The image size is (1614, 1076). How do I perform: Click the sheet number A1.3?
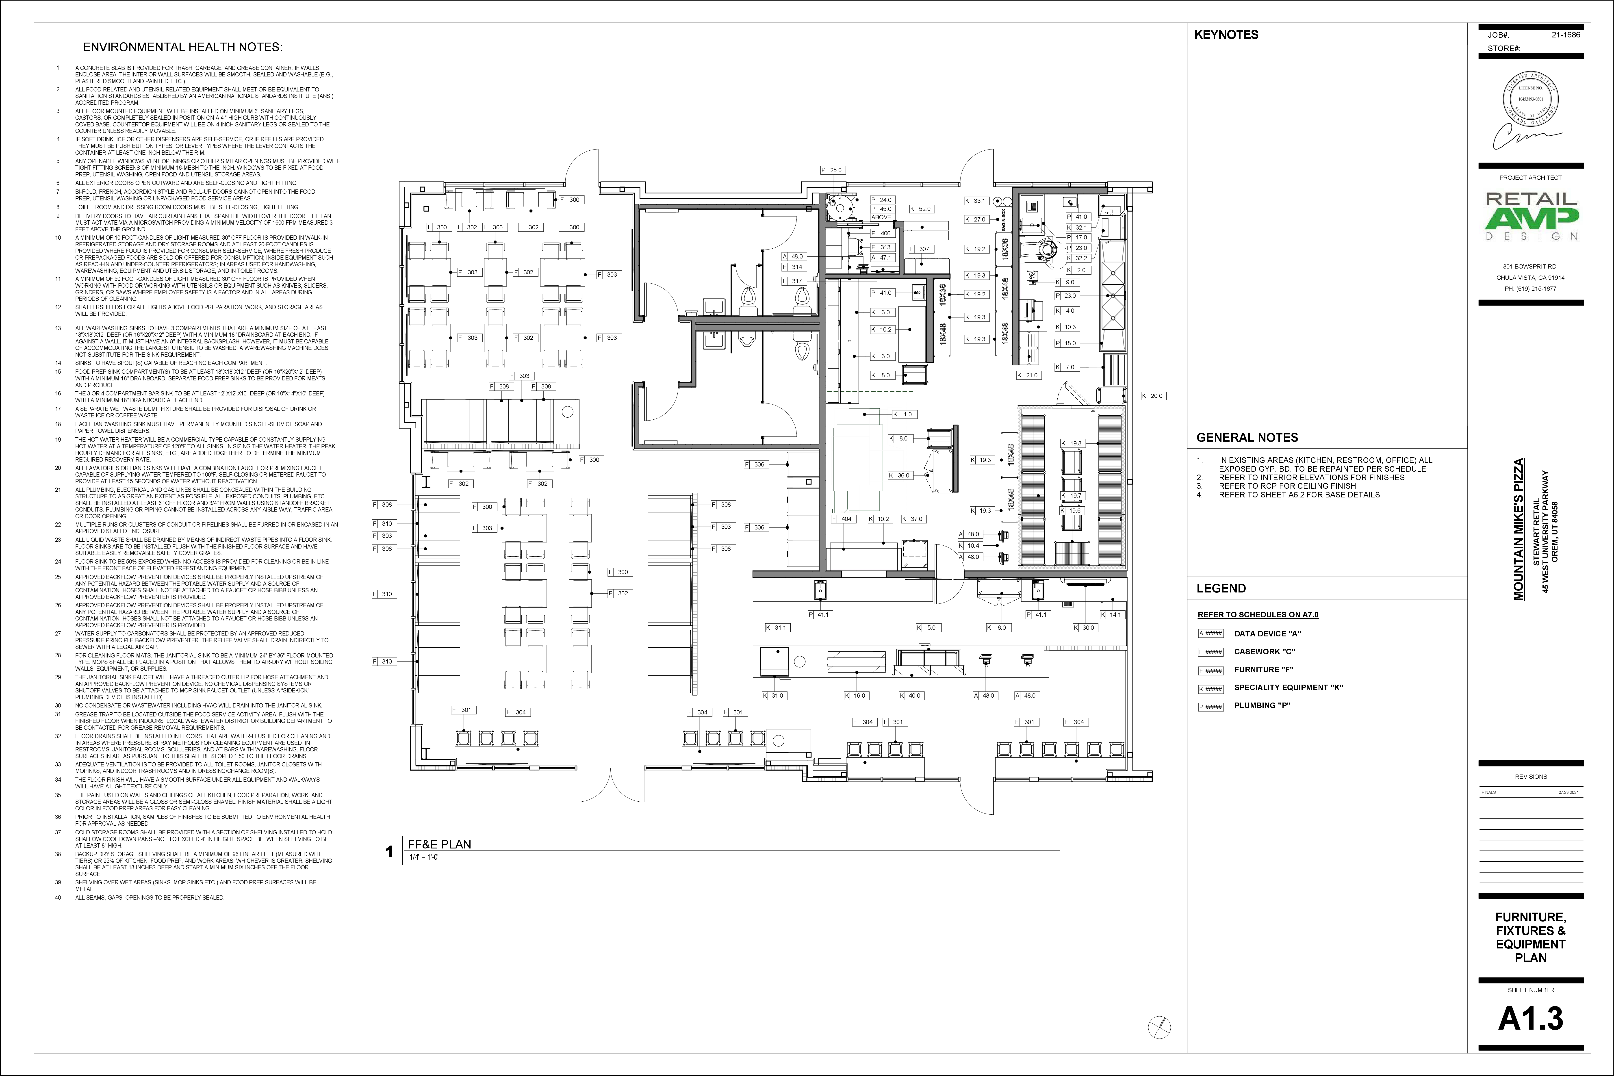tap(1530, 1018)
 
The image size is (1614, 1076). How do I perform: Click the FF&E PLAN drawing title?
tap(439, 844)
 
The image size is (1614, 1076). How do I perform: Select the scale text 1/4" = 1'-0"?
tap(424, 857)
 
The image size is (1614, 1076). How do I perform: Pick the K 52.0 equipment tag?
tap(922, 209)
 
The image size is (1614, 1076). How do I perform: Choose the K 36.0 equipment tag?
tap(900, 475)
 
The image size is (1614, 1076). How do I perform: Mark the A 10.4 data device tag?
tap(970, 546)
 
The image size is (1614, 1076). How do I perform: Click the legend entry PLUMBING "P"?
tap(1262, 705)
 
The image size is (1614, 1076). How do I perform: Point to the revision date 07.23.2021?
tap(1569, 793)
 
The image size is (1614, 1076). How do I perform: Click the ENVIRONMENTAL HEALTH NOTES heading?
tap(182, 47)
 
